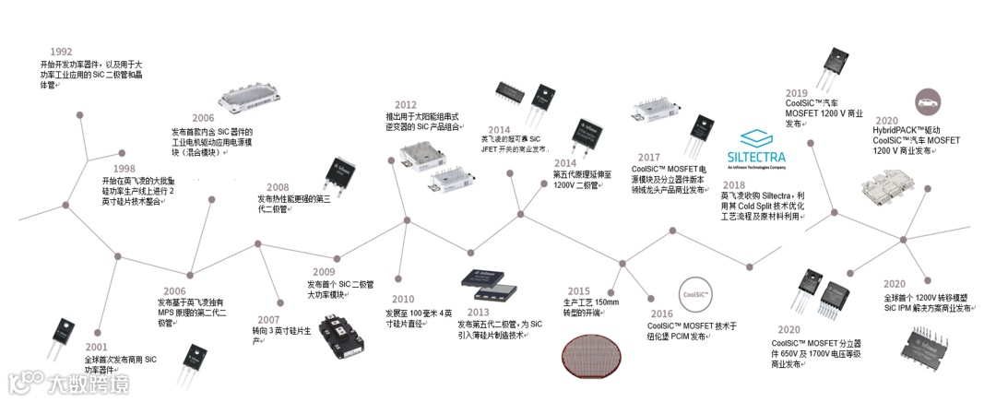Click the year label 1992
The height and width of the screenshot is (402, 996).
[61, 52]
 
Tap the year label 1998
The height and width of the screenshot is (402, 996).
[124, 169]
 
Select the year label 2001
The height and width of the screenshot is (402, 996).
[97, 347]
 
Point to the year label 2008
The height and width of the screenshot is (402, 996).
[278, 187]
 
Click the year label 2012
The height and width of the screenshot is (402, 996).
[405, 105]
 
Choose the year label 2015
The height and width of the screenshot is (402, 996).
[578, 290]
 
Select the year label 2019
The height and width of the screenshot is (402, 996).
[796, 93]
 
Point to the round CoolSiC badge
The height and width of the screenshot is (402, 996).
[694, 295]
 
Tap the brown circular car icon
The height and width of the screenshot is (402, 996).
[931, 100]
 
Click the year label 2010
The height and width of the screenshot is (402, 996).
[403, 299]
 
